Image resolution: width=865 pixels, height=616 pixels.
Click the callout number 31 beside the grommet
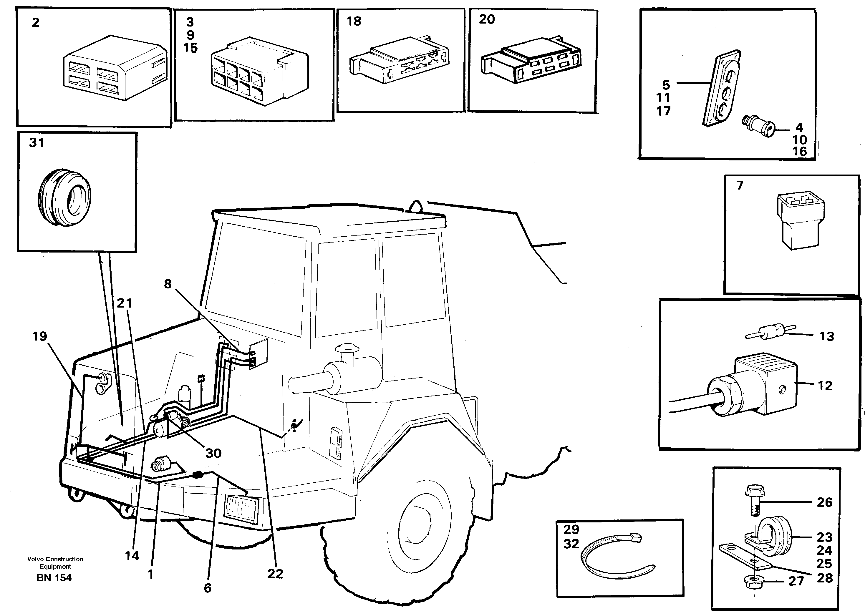37,143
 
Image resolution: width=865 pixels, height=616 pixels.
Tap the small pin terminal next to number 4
757,126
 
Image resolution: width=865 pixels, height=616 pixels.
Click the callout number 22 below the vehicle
275,574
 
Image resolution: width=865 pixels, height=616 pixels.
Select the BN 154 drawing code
54,578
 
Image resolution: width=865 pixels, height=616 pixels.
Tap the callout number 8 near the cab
168,284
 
